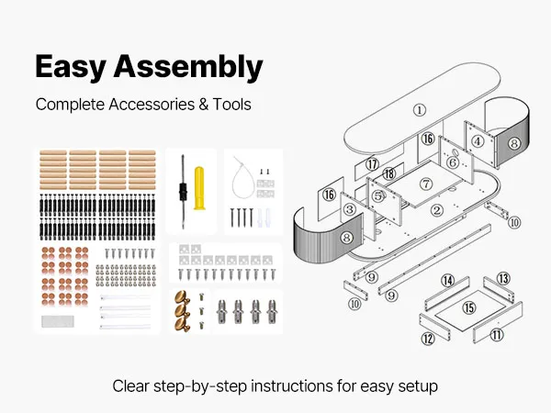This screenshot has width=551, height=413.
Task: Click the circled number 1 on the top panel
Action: pos(419,109)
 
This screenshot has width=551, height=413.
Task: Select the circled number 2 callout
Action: pos(438,210)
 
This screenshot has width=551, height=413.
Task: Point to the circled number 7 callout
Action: pos(426,184)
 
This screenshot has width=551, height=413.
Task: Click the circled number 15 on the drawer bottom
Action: pos(469,307)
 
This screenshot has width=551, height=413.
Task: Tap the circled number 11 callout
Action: pos(497,335)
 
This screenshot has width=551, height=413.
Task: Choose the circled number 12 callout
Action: pos(428,339)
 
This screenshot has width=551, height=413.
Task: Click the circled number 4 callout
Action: pos(478,141)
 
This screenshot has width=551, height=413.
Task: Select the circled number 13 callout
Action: pos(502,277)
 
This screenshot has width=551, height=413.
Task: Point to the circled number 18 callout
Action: pos(389,173)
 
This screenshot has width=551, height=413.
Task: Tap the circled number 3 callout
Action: pos(349,210)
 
